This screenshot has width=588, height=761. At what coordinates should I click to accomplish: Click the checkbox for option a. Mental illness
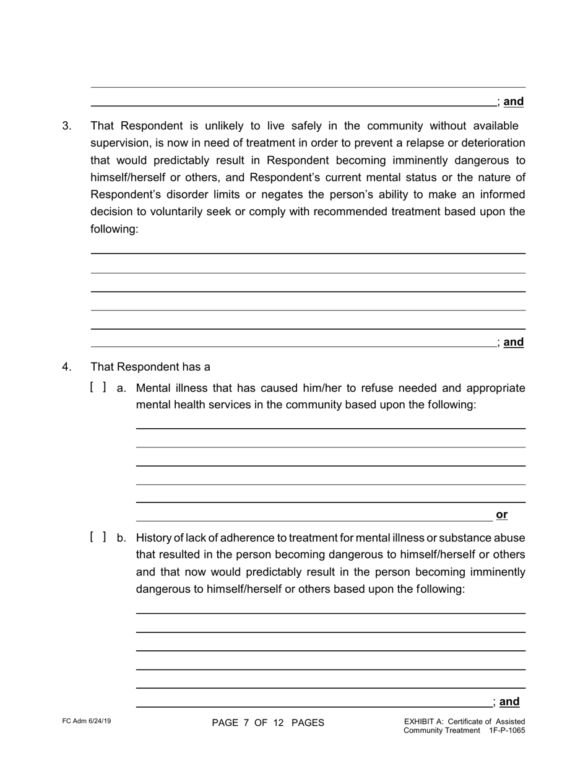98,388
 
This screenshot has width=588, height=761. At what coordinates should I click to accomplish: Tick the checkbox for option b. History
98,537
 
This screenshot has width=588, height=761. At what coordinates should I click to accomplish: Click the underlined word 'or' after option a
501,515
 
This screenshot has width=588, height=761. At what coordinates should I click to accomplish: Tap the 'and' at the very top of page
513,102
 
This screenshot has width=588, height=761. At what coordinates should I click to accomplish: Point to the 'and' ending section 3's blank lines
513,342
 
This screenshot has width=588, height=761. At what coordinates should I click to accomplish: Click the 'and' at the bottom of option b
509,702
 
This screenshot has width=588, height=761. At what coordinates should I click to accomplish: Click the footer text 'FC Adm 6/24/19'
87,721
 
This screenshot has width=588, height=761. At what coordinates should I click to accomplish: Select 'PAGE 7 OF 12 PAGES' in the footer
268,723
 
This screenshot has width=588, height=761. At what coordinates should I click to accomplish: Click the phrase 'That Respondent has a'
150,367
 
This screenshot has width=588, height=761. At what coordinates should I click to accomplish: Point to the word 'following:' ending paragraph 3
115,229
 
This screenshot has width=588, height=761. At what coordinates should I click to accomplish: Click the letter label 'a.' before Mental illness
121,389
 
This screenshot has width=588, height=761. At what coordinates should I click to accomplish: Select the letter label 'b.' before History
121,538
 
